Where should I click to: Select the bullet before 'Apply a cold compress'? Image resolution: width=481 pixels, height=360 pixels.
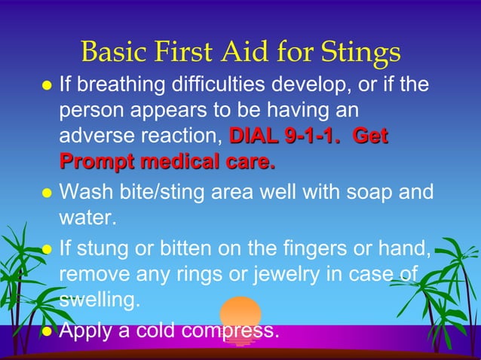pos(46,330)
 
